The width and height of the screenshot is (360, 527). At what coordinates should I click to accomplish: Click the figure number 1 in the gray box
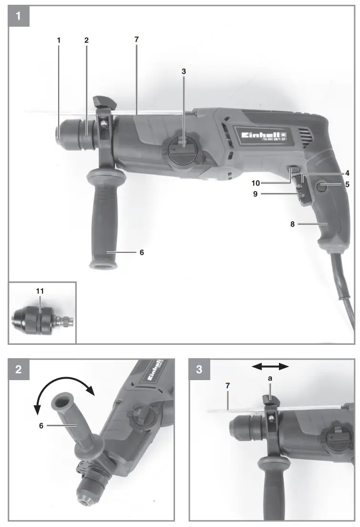coord(19,16)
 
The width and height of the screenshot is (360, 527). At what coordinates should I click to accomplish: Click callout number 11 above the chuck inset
coord(41,290)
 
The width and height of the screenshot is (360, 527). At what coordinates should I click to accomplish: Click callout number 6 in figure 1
coord(141,252)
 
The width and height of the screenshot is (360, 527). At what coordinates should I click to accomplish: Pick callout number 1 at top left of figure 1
coord(59,41)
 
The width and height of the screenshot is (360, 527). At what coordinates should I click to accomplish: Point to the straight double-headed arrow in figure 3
coord(270,366)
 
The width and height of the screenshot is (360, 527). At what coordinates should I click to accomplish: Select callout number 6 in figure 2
coord(41,425)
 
